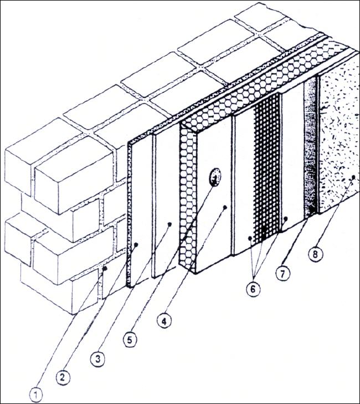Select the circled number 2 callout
pyautogui.click(x=63, y=377)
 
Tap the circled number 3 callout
pyautogui.click(x=97, y=359)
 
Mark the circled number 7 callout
pyautogui.click(x=282, y=274)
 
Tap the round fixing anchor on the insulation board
pyautogui.click(x=214, y=177)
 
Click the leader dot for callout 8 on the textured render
pyautogui.click(x=353, y=177)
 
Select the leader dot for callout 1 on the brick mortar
pyautogui.click(x=105, y=268)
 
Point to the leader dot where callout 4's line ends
pyautogui.click(x=225, y=207)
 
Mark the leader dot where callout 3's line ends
pyautogui.click(x=169, y=224)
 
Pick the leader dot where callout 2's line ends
pyautogui.click(x=136, y=244)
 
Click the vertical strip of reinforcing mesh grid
pyautogui.click(x=267, y=168)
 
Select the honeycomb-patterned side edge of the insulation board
pyautogui.click(x=188, y=196)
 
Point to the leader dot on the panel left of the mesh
pyautogui.click(x=250, y=239)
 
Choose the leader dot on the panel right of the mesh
pyautogui.click(x=285, y=219)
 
